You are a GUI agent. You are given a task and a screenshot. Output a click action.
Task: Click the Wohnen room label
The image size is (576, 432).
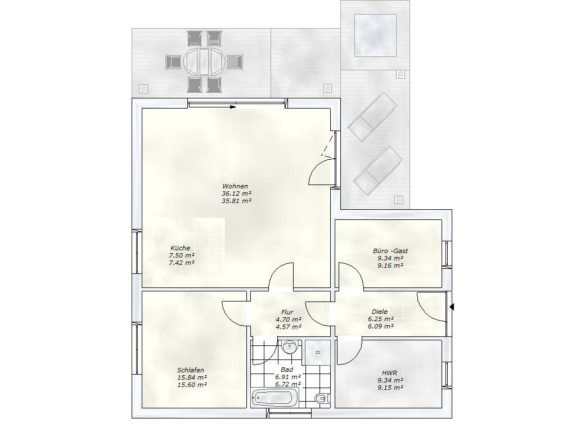235,186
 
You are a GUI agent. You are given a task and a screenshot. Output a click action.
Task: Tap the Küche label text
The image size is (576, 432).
181,248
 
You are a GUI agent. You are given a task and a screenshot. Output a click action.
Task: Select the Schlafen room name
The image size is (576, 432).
191,370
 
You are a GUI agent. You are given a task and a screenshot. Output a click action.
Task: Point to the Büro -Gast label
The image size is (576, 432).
390,251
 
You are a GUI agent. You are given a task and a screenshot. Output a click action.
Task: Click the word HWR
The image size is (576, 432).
389,373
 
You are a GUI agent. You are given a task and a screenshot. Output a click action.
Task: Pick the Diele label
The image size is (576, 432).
380,312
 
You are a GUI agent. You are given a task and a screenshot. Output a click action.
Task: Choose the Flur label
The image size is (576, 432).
287,312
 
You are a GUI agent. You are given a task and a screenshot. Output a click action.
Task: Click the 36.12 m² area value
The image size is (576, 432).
237,193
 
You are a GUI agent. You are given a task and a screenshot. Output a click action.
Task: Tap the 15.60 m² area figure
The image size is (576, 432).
192,385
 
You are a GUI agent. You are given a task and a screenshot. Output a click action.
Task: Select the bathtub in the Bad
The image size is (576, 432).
271,398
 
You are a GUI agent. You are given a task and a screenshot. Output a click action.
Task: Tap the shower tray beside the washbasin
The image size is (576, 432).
318,352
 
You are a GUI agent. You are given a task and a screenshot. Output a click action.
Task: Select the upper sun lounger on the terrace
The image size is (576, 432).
372,117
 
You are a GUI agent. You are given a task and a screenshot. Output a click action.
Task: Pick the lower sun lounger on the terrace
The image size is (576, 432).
378,171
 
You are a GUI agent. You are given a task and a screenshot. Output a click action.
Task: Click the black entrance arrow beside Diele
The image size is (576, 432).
452,307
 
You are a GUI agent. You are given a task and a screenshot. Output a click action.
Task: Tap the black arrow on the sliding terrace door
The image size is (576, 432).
233,107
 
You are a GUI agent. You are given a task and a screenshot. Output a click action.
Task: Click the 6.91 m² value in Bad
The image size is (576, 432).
288,376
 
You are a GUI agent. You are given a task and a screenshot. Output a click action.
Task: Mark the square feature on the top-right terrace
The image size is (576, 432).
375,35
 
